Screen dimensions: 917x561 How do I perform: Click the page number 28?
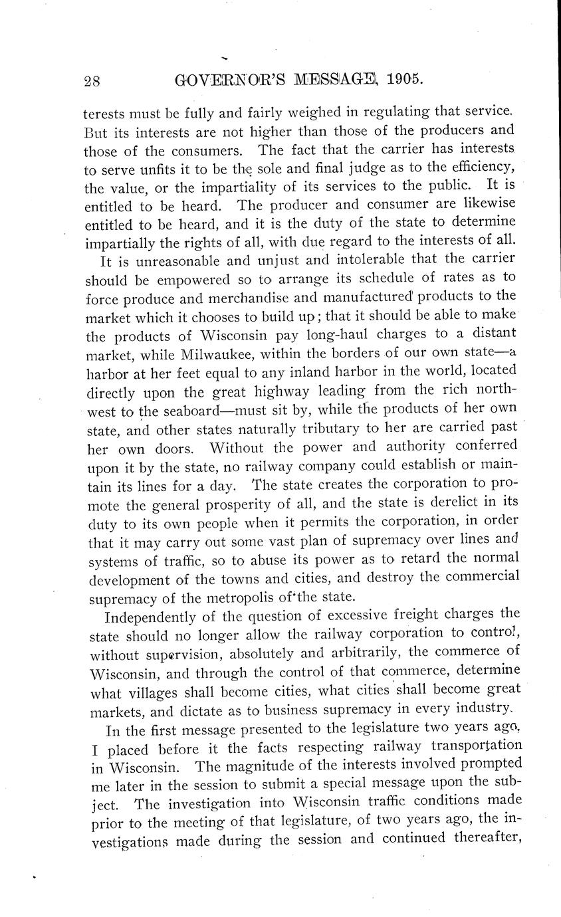(92, 80)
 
